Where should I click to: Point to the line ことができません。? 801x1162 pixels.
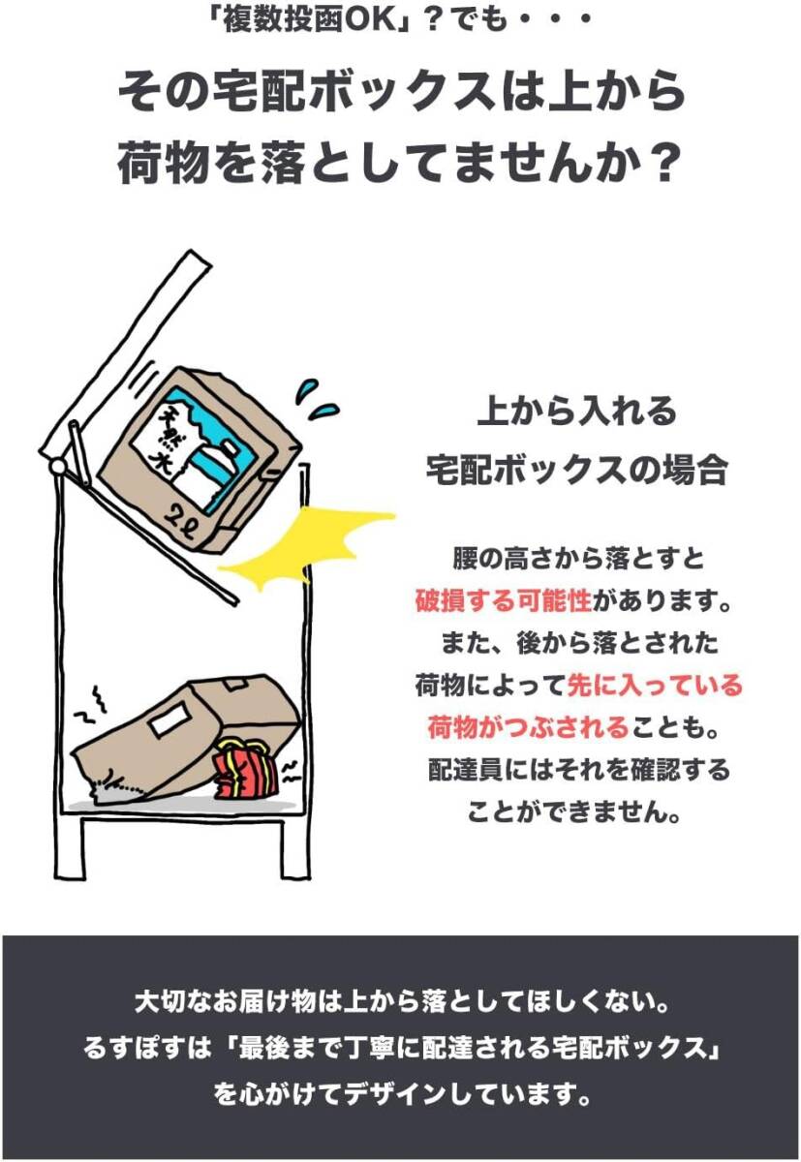coord(576,812)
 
